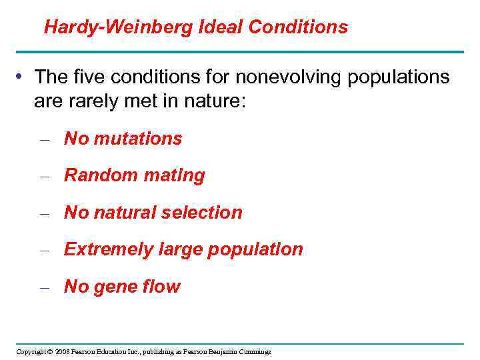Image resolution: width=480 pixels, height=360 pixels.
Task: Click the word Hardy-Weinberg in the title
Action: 118,27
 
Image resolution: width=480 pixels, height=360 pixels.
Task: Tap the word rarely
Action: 97,102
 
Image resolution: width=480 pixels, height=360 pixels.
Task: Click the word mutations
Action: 138,139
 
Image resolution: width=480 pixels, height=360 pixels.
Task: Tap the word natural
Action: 125,213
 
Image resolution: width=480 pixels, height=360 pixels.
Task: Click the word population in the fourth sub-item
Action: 255,250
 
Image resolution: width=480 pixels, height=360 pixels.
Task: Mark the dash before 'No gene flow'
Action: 45,287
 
